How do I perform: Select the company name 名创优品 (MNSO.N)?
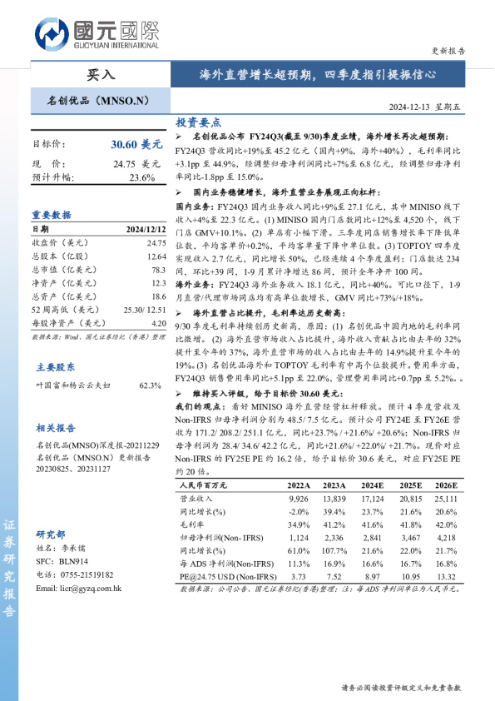coord(97,101)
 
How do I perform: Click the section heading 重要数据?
coord(52,214)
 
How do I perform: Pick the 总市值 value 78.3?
coord(158,271)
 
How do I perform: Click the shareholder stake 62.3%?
coord(150,385)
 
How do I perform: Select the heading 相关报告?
coord(56,428)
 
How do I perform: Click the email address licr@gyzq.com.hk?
coord(80,588)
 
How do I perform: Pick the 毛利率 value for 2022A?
coord(298,525)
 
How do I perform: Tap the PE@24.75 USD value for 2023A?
coord(334,576)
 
